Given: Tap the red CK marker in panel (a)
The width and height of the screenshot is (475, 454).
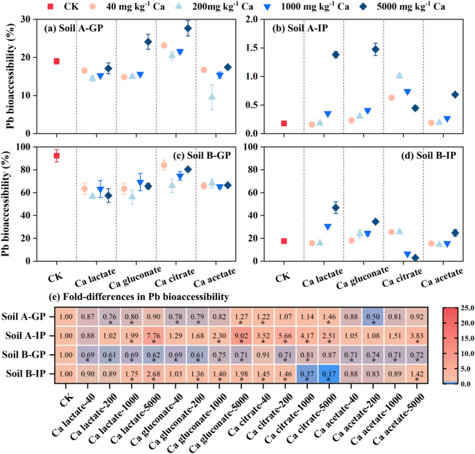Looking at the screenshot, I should [56, 61].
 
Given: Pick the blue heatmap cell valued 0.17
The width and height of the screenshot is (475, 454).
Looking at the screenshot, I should [331, 373].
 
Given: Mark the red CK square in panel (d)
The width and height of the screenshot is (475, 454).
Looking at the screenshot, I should [284, 241].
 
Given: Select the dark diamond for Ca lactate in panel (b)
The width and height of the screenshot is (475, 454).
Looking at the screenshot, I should [336, 54].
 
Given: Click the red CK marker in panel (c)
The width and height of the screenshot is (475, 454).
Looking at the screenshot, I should [56, 155].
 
